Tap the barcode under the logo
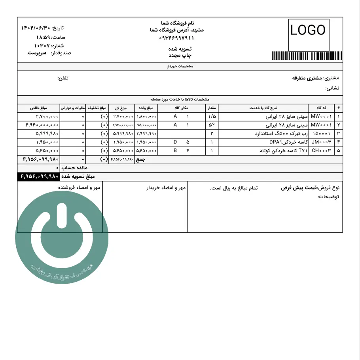(x=307, y=56)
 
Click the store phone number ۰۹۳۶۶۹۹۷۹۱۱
(x=177, y=38)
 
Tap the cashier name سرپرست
(x=37, y=53)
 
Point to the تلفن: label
(x=63, y=78)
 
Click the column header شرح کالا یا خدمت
(x=263, y=108)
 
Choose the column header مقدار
(x=212, y=108)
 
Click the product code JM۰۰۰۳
(x=321, y=142)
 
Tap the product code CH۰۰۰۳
(x=321, y=151)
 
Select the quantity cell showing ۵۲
(x=212, y=125)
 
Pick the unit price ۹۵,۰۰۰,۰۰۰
(x=146, y=125)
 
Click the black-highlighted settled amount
(x=38, y=176)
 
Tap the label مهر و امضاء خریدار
(x=166, y=188)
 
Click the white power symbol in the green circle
(x=62, y=233)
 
